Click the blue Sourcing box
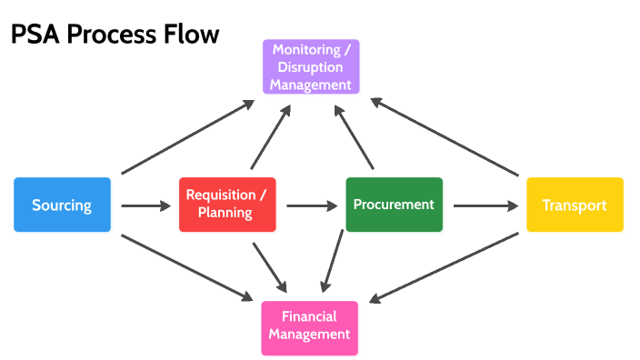[62, 205]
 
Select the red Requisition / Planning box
[226, 205]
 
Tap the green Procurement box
[394, 205]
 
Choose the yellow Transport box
[575, 205]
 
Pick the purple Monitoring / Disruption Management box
[311, 66]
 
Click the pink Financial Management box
[309, 325]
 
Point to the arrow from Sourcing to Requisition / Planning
[145, 205]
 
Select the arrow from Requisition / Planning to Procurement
[311, 205]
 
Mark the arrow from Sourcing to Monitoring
[188, 137]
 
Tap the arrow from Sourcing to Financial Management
[187, 268]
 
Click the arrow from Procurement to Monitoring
[355, 137]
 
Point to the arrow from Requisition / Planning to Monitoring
[271, 137]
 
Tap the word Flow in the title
[191, 35]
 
